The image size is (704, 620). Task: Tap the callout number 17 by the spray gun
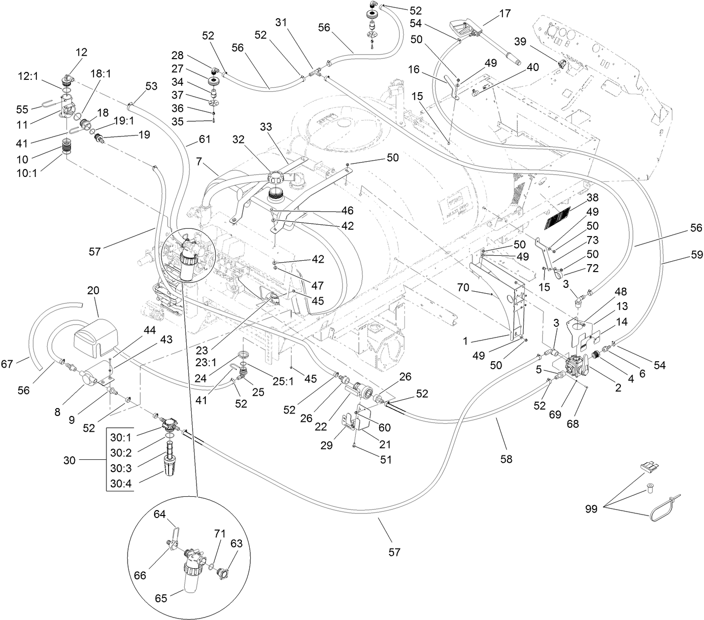[504, 14]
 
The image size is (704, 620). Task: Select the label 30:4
[120, 484]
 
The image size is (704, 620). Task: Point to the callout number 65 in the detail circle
[161, 598]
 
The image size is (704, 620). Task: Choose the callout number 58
[506, 459]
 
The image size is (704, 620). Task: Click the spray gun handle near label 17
[463, 24]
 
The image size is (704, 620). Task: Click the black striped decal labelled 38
[556, 218]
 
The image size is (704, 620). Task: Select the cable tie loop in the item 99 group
[663, 511]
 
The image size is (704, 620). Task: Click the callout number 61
[204, 139]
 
